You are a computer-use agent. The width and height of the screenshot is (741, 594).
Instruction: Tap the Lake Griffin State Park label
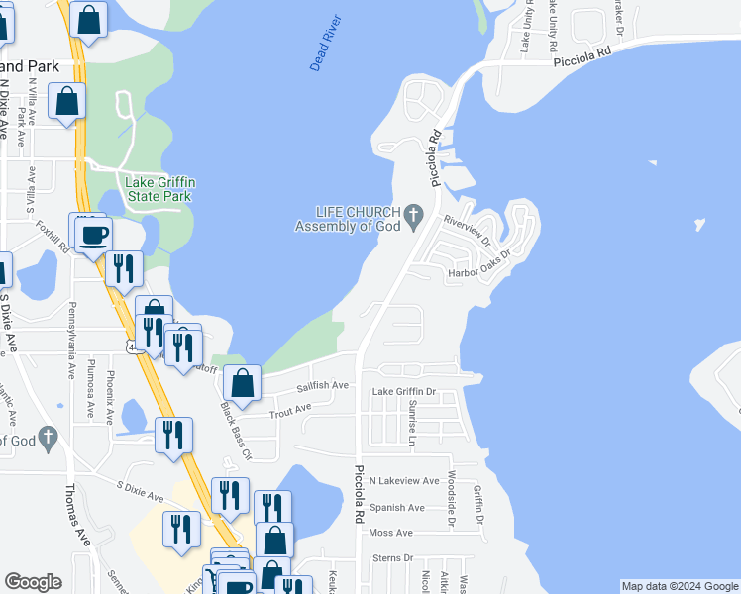[158, 189]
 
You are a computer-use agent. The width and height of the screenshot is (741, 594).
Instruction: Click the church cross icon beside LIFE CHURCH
[415, 214]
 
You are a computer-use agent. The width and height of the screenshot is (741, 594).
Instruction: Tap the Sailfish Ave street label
[323, 385]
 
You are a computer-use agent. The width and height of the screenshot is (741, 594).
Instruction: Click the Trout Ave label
[290, 407]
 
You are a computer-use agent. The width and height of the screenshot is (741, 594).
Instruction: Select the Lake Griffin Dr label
[403, 392]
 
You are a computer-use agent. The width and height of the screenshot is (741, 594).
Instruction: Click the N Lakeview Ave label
[403, 481]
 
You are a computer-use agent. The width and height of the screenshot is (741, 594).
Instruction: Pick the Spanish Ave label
[396, 508]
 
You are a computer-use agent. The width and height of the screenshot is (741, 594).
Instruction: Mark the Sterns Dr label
[391, 558]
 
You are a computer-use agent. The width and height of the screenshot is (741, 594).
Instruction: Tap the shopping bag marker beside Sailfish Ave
[243, 381]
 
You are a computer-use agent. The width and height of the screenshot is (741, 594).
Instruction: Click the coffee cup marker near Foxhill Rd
[94, 236]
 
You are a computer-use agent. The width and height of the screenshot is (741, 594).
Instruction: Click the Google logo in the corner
[34, 582]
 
